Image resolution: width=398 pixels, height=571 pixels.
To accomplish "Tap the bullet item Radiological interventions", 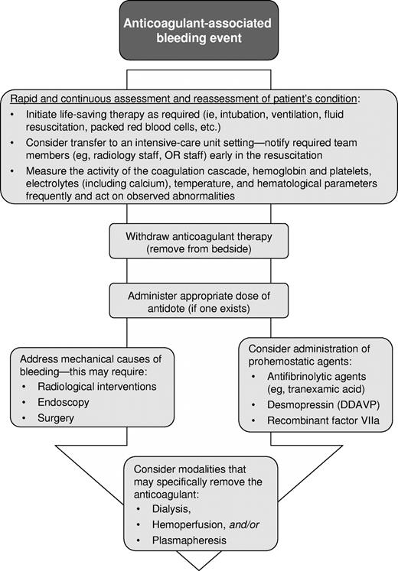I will pos(90,386).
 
